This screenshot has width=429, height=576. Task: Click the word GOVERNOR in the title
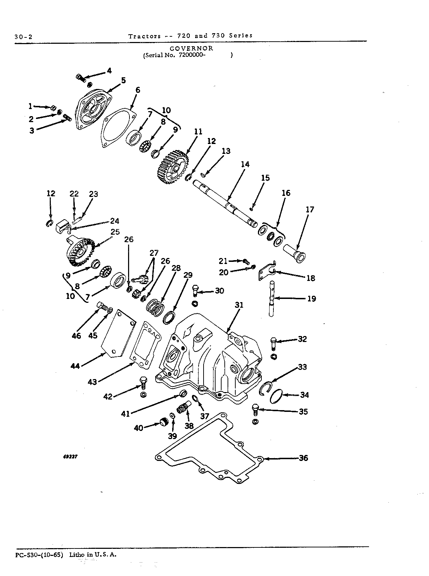coord(191,48)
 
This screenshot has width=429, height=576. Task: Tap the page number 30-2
coord(23,37)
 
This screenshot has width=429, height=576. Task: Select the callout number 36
coord(303,458)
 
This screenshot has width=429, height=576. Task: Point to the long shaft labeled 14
coord(225,204)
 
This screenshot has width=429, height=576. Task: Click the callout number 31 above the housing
coord(239,305)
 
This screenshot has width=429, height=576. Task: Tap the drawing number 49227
coord(70,457)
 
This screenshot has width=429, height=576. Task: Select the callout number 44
coord(75,366)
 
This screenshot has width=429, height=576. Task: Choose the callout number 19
coord(312,299)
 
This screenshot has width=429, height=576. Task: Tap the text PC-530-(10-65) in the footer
coord(39,555)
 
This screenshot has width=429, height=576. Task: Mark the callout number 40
coord(138,428)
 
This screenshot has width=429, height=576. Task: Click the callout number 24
coord(115,221)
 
